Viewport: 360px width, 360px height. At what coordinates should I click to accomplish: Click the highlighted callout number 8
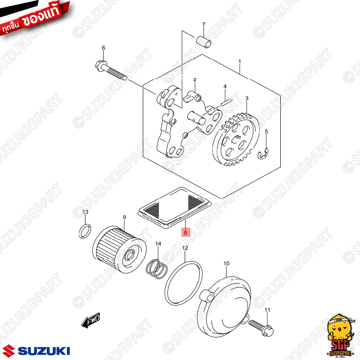(x=185, y=232)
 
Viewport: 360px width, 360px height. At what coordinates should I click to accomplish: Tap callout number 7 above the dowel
(x=204, y=24)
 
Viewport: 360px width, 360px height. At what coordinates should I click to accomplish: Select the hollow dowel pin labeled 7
(x=204, y=42)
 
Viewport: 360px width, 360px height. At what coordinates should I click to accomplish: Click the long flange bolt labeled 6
(x=111, y=70)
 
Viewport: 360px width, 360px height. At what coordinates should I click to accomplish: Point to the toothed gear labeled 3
(x=237, y=139)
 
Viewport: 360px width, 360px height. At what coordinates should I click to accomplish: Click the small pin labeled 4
(x=227, y=102)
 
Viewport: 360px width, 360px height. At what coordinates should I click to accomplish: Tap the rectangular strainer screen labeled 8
(x=175, y=207)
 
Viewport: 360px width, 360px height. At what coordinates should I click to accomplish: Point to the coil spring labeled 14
(x=157, y=269)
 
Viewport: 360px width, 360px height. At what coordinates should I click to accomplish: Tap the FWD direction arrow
(x=91, y=320)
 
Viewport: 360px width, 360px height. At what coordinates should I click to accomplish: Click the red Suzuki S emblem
(x=9, y=351)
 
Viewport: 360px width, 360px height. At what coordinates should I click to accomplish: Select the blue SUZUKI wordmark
(x=44, y=351)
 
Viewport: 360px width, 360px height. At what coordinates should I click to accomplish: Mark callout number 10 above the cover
(x=226, y=263)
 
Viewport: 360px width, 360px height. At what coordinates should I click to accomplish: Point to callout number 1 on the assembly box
(x=240, y=62)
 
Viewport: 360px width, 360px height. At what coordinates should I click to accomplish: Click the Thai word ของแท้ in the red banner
(x=41, y=16)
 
